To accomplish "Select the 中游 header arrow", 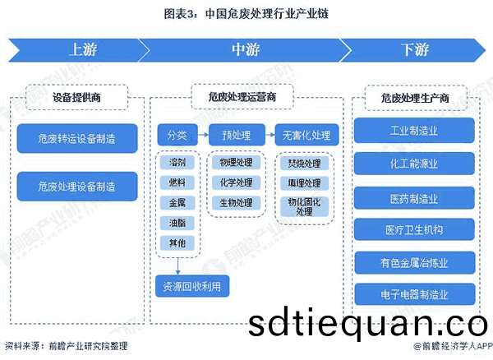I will (242, 50).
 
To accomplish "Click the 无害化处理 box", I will (306, 135).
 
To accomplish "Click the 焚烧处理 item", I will (304, 163).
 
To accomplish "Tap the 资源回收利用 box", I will (193, 286).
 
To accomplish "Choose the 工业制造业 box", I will (414, 131).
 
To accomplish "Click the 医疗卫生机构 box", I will (414, 229).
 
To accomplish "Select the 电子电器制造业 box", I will (414, 294).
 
